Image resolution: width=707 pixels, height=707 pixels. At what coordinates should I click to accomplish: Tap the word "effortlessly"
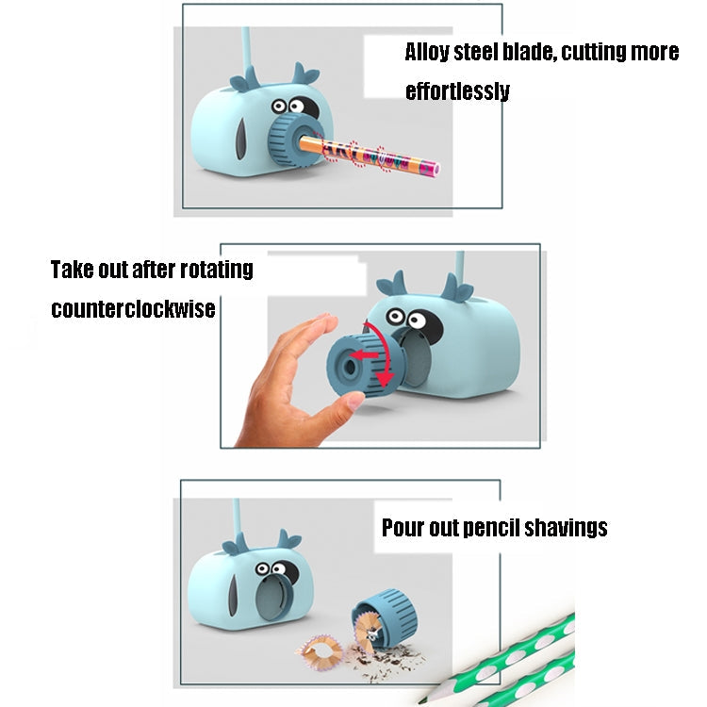point(457,91)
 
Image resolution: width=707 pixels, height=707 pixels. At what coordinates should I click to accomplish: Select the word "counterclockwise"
point(133,309)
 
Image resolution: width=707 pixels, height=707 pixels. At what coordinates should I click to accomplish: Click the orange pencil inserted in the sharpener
point(369,155)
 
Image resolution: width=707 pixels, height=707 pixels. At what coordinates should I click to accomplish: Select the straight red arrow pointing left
point(364,354)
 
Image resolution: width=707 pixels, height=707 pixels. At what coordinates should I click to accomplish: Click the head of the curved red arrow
point(384,380)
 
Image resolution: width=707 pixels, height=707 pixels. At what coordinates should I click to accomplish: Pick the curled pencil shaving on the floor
point(320,651)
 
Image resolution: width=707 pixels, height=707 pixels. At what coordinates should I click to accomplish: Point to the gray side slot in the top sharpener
point(241,140)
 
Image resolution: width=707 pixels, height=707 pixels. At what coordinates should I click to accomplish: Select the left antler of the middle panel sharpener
point(391,284)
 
